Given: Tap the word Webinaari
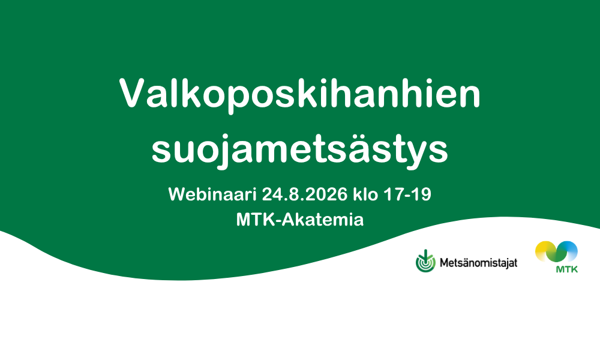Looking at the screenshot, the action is (x=212, y=194).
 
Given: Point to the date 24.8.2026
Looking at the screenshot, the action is (x=305, y=194).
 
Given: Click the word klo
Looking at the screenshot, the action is (x=365, y=194).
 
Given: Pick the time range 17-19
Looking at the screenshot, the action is (x=407, y=194).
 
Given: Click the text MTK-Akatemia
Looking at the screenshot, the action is (x=299, y=220).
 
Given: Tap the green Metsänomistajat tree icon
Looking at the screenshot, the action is (x=425, y=261).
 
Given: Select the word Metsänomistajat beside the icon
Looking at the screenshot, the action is (x=478, y=263).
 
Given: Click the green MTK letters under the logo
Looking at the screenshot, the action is (x=567, y=269).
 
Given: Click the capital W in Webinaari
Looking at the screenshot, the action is (x=178, y=194).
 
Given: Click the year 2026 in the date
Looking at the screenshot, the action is (x=328, y=194).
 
